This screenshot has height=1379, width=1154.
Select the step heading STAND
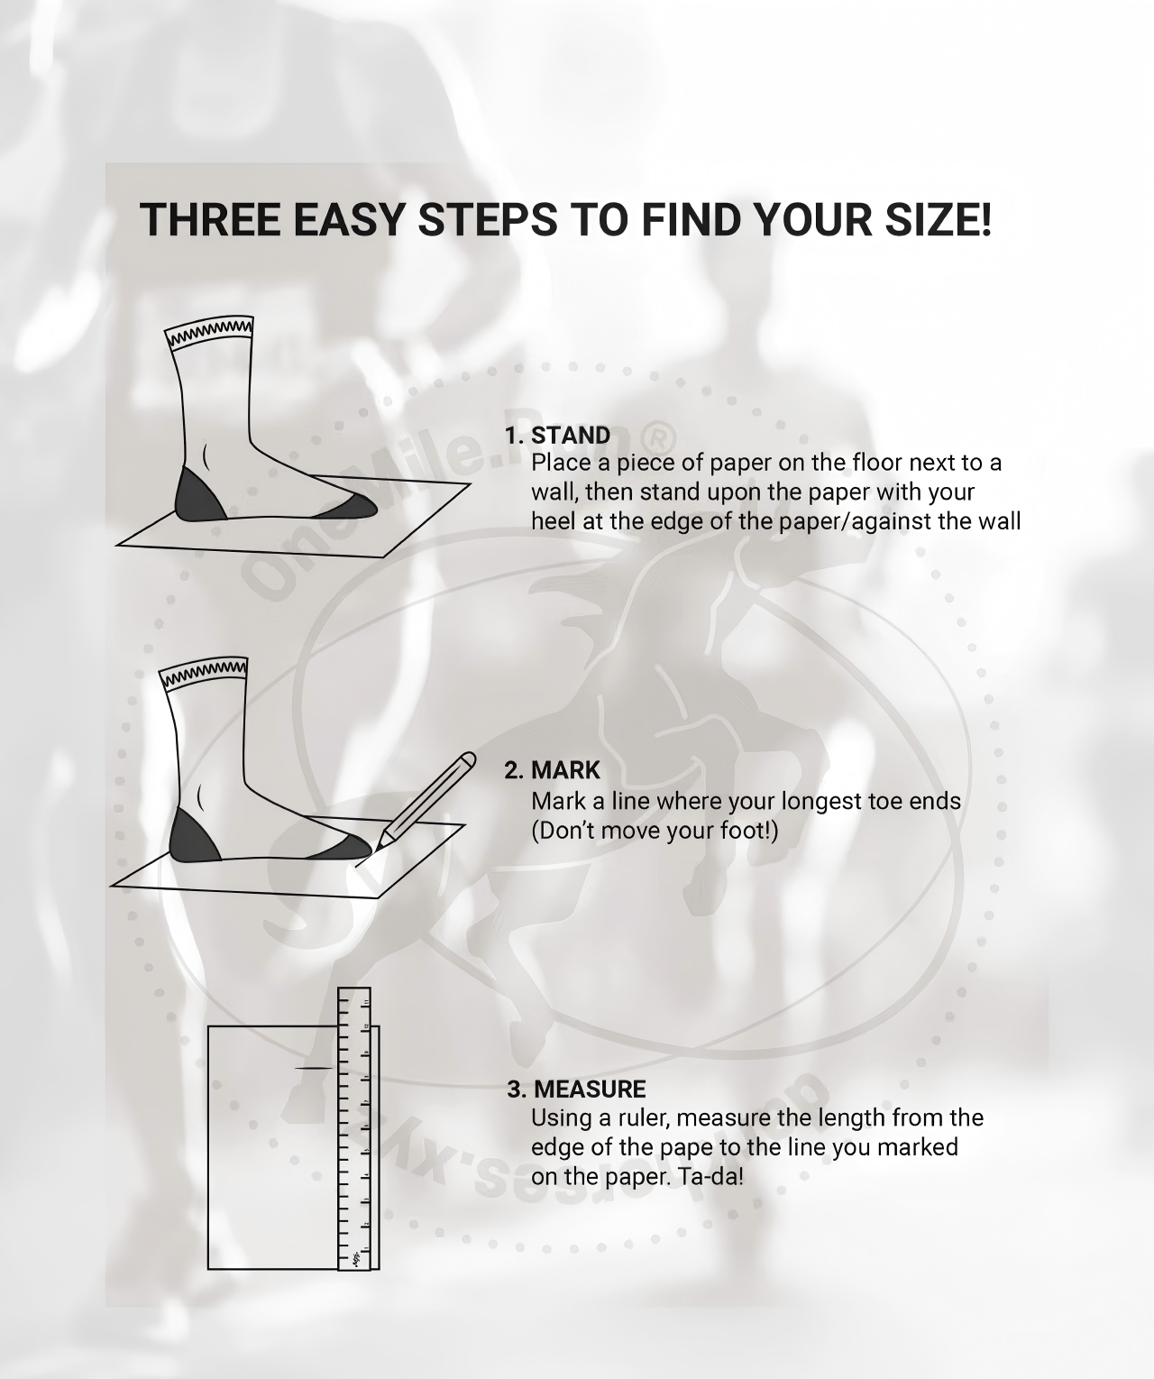[571, 436]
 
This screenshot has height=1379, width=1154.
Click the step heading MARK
[566, 770]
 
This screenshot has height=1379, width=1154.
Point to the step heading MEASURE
[590, 1089]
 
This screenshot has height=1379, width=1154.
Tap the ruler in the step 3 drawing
[354, 1128]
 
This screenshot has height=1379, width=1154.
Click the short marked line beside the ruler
[314, 1068]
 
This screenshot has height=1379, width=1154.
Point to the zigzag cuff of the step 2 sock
[204, 675]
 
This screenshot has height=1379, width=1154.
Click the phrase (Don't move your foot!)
[655, 830]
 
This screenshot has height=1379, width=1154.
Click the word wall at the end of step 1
[1000, 521]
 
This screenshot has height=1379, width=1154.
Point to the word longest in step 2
[820, 802]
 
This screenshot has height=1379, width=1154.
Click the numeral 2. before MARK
[514, 770]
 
